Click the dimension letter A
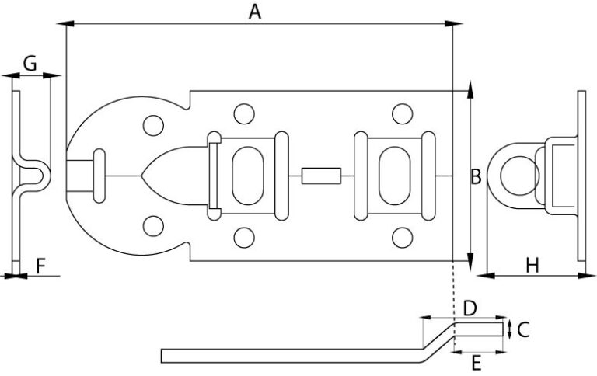[x=255, y=12]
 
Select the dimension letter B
[x=476, y=177]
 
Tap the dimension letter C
[x=523, y=329]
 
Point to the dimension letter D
[x=470, y=308]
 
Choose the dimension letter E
[x=477, y=363]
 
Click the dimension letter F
[x=40, y=266]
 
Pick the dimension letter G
[x=30, y=63]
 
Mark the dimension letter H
[x=532, y=265]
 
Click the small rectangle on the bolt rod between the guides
[x=321, y=176]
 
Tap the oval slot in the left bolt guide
[x=247, y=176]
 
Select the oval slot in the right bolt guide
[x=394, y=176]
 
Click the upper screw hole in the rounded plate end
[x=153, y=125]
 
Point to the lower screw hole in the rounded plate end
[x=153, y=226]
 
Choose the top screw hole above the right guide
[x=402, y=113]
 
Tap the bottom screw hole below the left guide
[x=244, y=238]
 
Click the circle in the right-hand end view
[x=520, y=176]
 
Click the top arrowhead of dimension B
[x=470, y=89]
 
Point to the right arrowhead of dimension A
[x=453, y=24]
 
